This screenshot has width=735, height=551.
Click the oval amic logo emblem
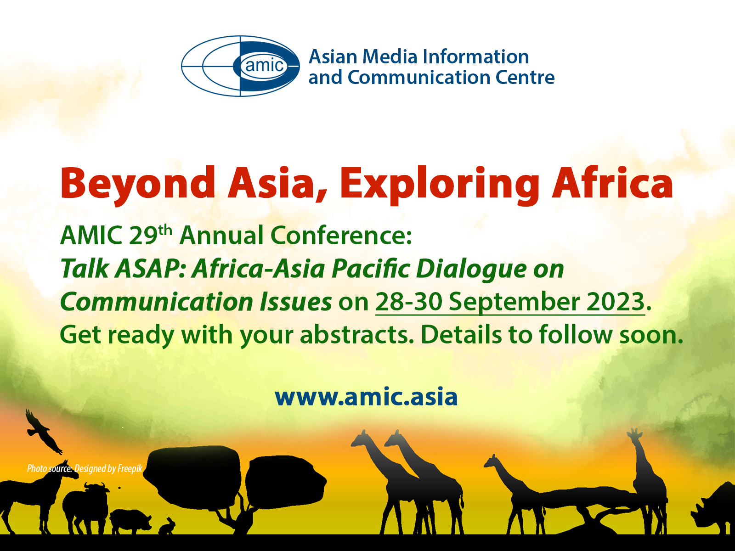(240, 66)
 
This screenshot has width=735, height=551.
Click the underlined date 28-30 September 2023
(510, 302)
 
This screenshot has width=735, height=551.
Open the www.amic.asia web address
(366, 397)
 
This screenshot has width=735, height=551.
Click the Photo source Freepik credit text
(85, 468)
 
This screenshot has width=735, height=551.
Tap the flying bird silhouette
(44, 432)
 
